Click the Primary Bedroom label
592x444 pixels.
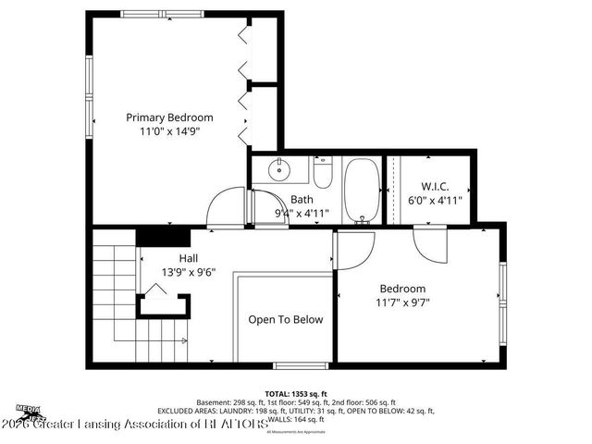coord(170,117)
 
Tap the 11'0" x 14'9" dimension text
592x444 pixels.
coord(170,131)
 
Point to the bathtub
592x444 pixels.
coord(360,190)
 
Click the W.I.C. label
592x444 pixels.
coord(435,185)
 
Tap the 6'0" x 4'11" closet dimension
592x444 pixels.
coord(435,199)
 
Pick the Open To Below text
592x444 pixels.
coord(285,320)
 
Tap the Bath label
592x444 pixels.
coord(302,199)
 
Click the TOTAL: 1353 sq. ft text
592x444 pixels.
coord(295,392)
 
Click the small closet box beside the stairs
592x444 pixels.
coord(164,305)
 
